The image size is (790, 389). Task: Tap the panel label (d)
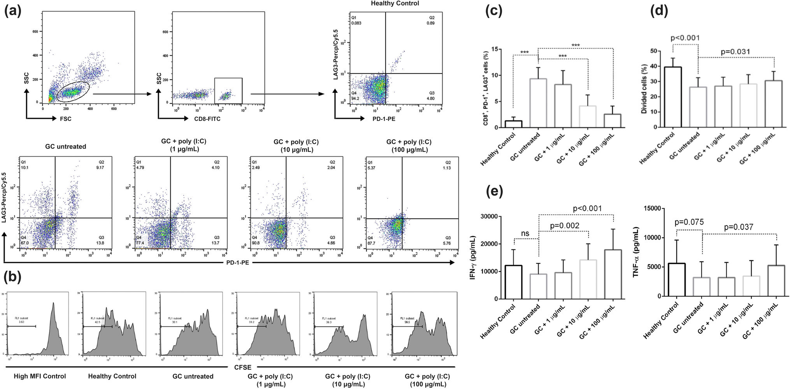pos(660,11)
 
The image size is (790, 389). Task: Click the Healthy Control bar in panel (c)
pos(513,124)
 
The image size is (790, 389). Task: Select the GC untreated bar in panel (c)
pos(538,103)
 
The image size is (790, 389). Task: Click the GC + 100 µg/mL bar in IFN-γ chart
pos(613,274)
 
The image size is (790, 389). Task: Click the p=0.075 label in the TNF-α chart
pos(689,222)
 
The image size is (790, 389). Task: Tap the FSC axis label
pos(66,119)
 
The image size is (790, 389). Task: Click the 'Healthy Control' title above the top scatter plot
pos(395,4)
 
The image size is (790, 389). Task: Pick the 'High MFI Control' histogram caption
pos(40,376)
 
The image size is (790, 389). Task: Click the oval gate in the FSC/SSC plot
pos(73,93)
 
